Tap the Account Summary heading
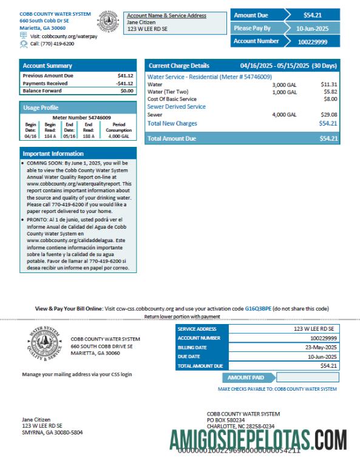(x=47, y=66)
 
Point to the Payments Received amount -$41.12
(x=124, y=83)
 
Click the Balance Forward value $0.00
(x=126, y=90)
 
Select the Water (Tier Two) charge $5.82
(x=328, y=92)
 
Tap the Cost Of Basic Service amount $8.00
(x=330, y=99)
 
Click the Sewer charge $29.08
(x=328, y=114)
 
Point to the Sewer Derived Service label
(x=177, y=107)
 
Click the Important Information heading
(x=53, y=154)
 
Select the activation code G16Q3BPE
(x=257, y=308)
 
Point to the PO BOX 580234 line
(x=226, y=420)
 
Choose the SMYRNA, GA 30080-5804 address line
(x=52, y=433)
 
